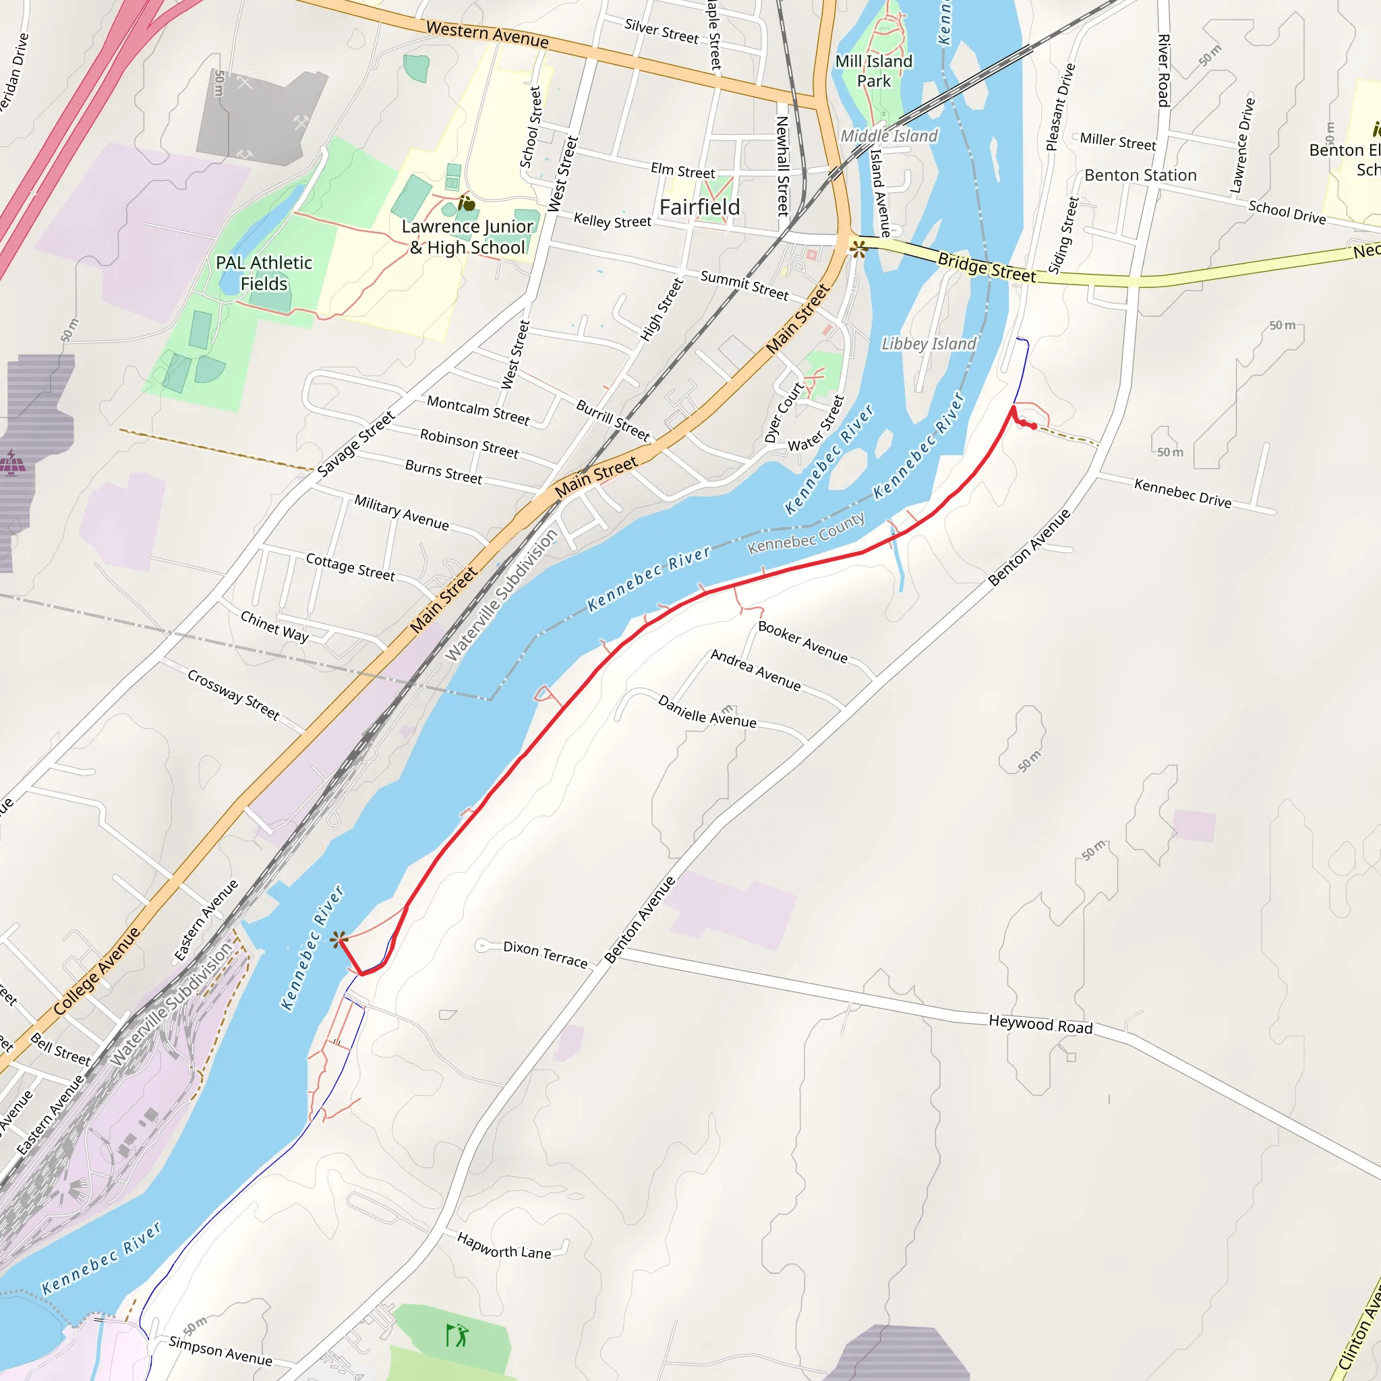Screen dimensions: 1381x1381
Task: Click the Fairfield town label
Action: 699,207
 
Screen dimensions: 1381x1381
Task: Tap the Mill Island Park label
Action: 873,71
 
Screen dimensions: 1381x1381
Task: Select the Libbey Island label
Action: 928,344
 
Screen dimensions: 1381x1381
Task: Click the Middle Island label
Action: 889,136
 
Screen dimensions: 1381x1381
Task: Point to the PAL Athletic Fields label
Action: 264,273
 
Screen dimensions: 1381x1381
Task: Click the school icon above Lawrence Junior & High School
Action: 466,204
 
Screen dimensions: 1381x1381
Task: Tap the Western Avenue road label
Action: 487,34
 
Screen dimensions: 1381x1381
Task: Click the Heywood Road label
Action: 1040,1024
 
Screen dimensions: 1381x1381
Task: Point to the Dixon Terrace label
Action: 545,954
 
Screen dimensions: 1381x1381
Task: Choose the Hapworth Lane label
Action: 504,1246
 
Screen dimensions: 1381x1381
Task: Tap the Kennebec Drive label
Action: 1182,493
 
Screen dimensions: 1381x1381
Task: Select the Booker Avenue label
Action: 802,641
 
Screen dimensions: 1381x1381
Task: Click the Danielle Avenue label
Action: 706,711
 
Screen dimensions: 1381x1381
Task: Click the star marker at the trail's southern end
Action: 339,939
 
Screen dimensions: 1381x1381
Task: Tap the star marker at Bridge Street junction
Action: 858,249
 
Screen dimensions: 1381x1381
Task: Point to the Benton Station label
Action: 1140,175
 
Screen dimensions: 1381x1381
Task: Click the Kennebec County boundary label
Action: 806,533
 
